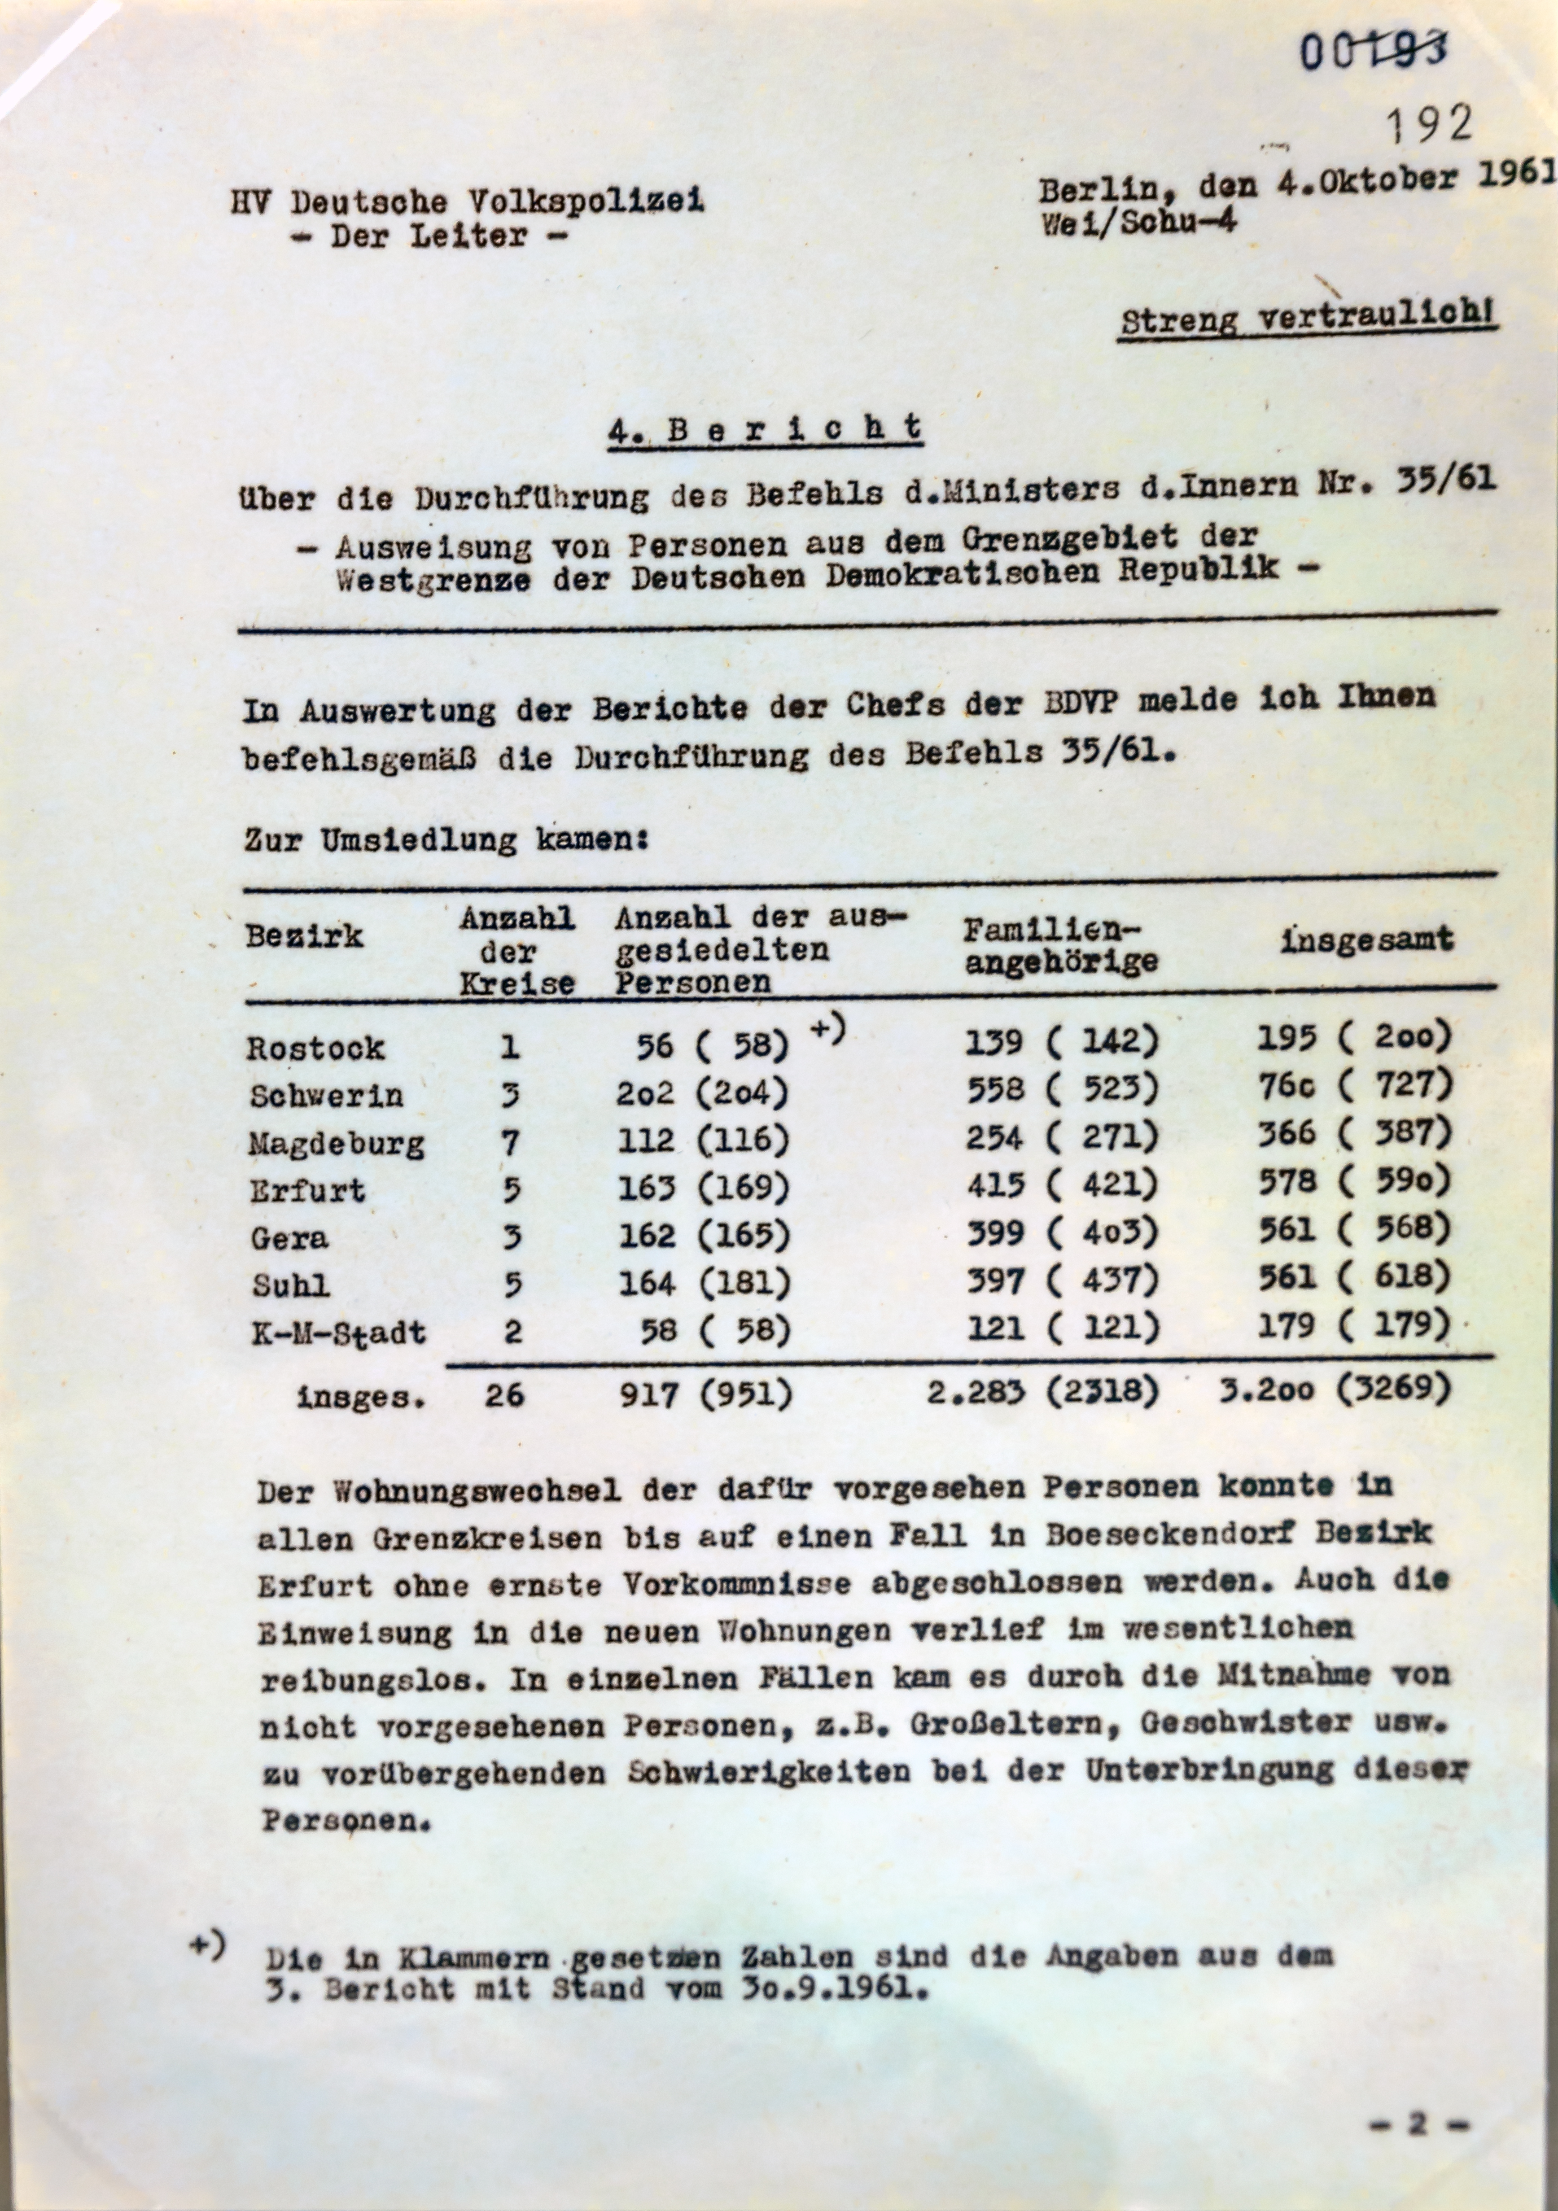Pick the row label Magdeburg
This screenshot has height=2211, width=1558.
[336, 1143]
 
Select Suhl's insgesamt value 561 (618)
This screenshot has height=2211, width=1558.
[1353, 1277]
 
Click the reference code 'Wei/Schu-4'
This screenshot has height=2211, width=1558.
[1136, 223]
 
